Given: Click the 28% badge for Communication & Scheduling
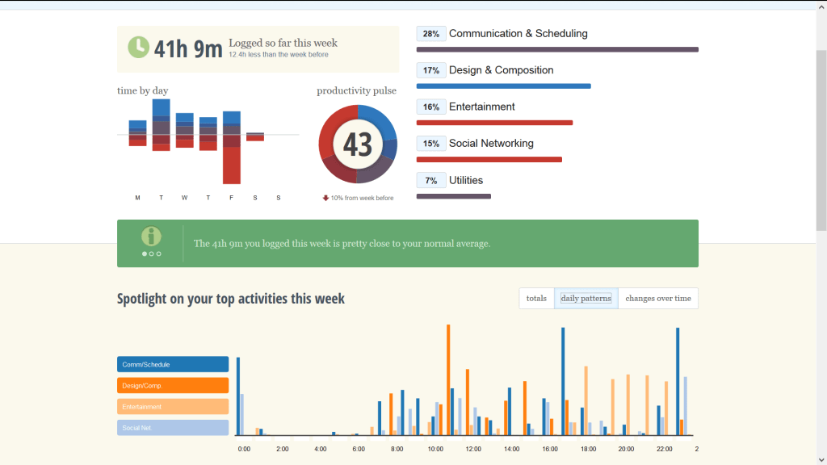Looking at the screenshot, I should coord(431,34).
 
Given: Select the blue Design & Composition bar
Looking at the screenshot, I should coord(503,86).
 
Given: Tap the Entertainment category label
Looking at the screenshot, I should coord(481,107).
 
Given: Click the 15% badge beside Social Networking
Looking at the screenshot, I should coord(431,144).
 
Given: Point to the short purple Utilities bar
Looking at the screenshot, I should coord(453,196).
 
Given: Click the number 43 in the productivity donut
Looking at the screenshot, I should coord(358,145).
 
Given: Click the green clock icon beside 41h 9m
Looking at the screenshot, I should coord(139,47).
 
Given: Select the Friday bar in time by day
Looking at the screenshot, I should coord(232,147).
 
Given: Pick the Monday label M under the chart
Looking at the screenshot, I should coord(137,198).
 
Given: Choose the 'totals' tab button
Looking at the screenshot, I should coord(536,298).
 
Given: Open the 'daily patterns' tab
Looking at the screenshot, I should coord(586,298).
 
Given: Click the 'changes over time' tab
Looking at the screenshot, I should coord(658,298).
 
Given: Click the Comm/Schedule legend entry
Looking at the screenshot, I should coord(173,365).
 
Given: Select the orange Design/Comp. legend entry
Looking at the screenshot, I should coord(173,386).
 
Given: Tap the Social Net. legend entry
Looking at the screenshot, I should coord(173,428).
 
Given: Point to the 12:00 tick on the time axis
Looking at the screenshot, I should coord(473,449).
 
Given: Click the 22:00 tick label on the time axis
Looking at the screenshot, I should coord(664,449).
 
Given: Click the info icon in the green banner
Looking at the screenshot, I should coord(151,237).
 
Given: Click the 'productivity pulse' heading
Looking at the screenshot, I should coord(356,91).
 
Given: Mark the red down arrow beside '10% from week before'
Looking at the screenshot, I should coord(325,198).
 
